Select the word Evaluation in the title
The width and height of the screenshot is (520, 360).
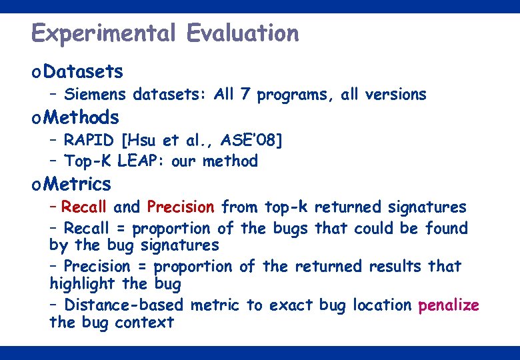coord(243,33)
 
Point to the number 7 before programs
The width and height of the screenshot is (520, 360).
coord(245,95)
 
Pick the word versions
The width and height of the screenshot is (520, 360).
coord(395,95)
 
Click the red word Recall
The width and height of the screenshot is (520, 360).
coord(86,207)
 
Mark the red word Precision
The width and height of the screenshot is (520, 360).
coord(181,207)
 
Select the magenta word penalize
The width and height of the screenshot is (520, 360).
coord(448,305)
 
